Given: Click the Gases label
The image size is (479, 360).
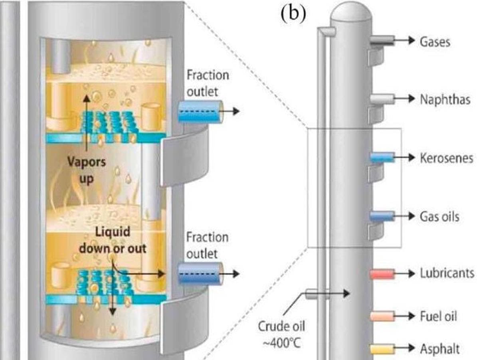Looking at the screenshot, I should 435,41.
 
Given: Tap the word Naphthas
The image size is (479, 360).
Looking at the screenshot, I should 445,99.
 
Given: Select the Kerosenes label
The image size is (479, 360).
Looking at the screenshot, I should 446,158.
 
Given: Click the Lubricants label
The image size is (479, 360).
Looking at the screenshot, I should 447,273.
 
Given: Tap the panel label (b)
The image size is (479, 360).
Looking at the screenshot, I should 293,14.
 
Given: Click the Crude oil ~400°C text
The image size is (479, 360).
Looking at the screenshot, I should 281,333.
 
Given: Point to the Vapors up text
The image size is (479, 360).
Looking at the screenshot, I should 86,170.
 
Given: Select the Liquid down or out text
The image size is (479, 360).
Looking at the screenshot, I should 112,241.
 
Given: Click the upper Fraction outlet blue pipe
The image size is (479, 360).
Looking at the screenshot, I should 200,111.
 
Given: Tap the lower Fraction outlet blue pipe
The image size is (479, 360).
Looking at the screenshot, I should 200,274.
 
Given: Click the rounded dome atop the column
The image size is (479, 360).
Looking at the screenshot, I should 352,12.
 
